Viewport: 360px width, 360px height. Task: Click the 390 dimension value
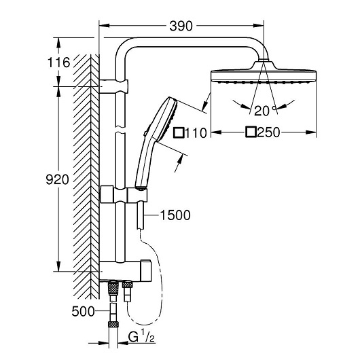[x=181, y=26]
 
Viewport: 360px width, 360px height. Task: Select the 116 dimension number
[x=58, y=62]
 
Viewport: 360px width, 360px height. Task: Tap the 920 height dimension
[x=58, y=179]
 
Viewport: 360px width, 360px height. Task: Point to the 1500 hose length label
[x=175, y=215]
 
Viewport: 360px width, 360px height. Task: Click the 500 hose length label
[x=83, y=311]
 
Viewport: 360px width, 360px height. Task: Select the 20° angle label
[x=265, y=111]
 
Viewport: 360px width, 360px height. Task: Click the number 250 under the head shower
[x=268, y=132]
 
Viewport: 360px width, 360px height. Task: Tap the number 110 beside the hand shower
[x=196, y=133]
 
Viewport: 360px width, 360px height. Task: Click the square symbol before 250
[x=251, y=132]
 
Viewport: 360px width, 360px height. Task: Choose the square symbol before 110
[x=179, y=132]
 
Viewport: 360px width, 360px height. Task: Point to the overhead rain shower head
[x=264, y=72]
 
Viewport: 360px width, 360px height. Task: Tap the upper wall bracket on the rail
[x=113, y=86]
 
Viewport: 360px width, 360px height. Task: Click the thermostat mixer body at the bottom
[x=126, y=271]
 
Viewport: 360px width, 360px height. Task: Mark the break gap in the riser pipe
[x=120, y=130]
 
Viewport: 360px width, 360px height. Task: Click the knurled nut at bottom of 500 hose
[x=113, y=324]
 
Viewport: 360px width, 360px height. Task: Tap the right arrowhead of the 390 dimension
[x=258, y=26]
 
